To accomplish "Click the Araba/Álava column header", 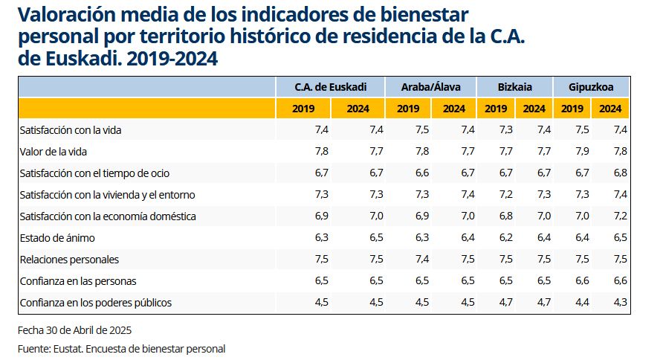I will [430, 86].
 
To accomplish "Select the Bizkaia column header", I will [514, 86].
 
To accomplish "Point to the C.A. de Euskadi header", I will [330, 86].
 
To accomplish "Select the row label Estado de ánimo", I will [57, 238].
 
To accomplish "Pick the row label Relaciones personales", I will [69, 260].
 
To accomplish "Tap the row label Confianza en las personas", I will [78, 281].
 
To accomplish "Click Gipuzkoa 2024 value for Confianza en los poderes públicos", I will [619, 303].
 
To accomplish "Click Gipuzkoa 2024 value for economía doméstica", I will [619, 216].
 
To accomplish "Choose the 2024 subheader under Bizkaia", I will [534, 109].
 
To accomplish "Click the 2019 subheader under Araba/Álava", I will [408, 109].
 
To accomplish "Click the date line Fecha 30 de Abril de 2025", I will [74, 329].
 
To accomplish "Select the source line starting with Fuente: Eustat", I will [121, 348].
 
